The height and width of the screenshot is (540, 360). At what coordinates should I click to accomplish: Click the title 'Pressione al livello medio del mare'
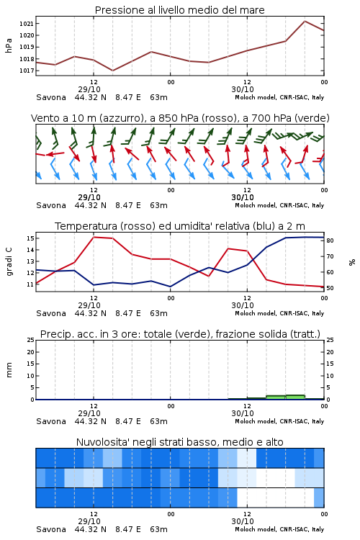click(179, 10)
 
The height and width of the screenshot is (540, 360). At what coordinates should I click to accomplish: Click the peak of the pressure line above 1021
click(305, 21)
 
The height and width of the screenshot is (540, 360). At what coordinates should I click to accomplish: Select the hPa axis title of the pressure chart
click(9, 45)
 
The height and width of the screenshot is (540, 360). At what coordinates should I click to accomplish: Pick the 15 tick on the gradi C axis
click(30, 238)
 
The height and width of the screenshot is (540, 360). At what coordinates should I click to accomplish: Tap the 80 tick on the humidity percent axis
click(330, 240)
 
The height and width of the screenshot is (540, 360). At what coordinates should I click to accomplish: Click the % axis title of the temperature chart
click(352, 262)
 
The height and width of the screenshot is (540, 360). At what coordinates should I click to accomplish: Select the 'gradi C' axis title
click(9, 262)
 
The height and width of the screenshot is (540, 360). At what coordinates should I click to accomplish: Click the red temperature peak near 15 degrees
click(94, 237)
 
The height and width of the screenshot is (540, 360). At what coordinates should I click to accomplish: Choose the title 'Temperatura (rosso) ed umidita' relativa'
click(179, 226)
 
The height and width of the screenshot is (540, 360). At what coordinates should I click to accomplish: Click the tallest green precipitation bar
click(295, 397)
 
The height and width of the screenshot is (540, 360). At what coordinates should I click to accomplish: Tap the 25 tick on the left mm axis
click(30, 341)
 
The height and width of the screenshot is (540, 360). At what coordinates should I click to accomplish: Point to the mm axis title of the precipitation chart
click(9, 370)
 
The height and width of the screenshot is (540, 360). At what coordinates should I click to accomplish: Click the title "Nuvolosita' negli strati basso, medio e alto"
click(179, 442)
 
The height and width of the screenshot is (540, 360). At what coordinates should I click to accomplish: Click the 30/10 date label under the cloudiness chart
click(243, 521)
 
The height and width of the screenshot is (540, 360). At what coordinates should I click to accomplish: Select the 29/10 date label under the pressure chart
click(89, 89)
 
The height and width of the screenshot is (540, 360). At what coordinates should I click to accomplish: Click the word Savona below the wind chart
click(51, 205)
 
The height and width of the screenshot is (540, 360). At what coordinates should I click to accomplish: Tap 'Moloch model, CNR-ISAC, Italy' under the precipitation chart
click(279, 421)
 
